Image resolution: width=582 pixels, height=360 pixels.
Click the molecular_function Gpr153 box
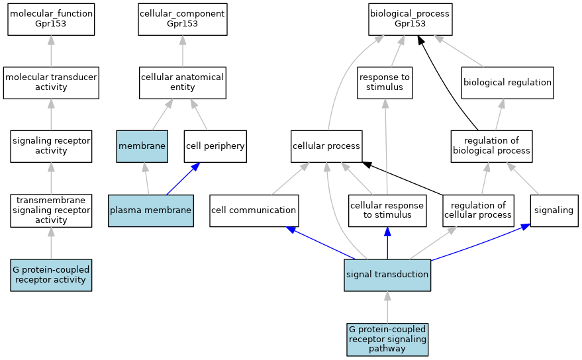click(x=51, y=20)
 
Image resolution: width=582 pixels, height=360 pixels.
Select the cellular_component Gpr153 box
click(x=183, y=20)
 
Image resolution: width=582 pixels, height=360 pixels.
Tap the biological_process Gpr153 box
click(x=410, y=20)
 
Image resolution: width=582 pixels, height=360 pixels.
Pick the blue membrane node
click(x=142, y=146)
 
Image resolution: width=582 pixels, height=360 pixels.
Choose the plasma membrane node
click(x=151, y=210)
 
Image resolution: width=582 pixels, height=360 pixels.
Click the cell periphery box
click(x=215, y=146)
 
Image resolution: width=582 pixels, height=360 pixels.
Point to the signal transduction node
click(x=387, y=275)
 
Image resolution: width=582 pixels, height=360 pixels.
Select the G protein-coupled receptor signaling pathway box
click(x=387, y=339)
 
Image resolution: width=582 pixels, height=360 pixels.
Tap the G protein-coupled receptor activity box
click(x=51, y=275)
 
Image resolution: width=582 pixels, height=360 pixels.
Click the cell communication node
click(x=254, y=210)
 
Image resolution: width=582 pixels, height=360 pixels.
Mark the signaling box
click(x=554, y=210)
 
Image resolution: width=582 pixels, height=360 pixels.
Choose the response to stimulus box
click(x=385, y=83)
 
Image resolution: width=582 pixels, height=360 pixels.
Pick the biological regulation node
click(x=507, y=83)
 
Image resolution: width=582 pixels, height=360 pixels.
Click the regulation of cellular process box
click(x=478, y=210)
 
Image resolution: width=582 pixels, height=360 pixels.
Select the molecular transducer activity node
click(x=51, y=83)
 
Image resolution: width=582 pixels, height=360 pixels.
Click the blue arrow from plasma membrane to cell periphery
click(x=183, y=179)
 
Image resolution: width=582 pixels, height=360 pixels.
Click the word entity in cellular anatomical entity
click(x=182, y=87)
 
